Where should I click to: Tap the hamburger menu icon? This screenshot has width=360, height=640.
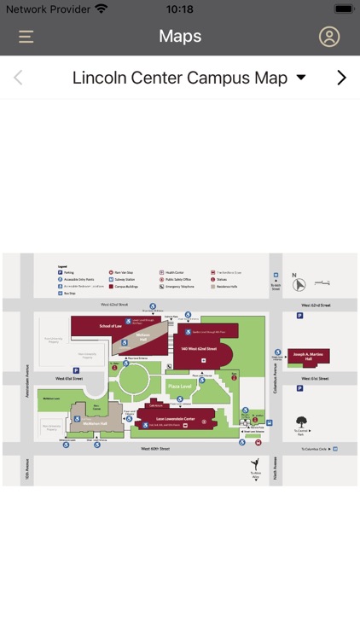coord(26,37)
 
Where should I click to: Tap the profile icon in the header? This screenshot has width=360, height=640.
coord(328,37)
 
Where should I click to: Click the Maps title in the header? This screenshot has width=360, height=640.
coord(180,36)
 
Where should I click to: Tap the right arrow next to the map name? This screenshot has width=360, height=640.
coord(341,78)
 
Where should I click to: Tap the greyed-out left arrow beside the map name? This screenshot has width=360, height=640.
coord(18,78)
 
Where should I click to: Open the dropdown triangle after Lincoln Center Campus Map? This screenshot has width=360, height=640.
coord(300,79)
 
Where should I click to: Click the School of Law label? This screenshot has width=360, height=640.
coord(111,326)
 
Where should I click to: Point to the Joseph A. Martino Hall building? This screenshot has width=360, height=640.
coord(309,355)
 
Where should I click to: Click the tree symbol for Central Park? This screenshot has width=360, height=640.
coord(300,421)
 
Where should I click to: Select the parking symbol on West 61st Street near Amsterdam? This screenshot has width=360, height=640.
coord(76,370)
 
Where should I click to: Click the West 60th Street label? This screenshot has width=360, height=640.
coord(155,448)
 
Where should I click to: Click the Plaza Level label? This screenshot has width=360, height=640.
coord(179,387)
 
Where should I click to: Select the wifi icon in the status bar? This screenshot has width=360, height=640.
coord(102,9)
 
